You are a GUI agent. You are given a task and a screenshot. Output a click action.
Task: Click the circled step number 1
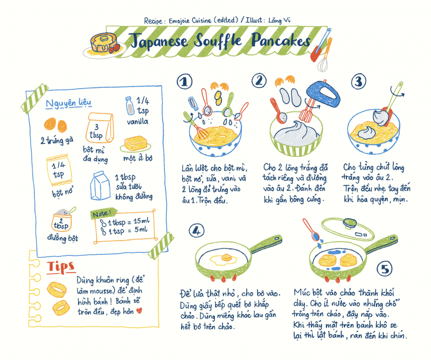click(x=185, y=81)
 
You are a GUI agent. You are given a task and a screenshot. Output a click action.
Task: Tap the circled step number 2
click(x=260, y=81)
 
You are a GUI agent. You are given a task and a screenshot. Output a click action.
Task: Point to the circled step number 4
click(x=197, y=231)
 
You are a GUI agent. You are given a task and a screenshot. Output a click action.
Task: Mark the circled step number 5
click(x=385, y=268)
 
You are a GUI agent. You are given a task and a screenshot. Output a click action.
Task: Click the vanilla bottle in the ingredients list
click(x=129, y=106)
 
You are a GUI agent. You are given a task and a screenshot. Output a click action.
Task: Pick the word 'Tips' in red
click(x=60, y=266)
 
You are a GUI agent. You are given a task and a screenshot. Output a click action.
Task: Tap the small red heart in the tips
click(x=138, y=310)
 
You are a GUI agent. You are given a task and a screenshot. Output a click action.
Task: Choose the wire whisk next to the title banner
click(x=324, y=60)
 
